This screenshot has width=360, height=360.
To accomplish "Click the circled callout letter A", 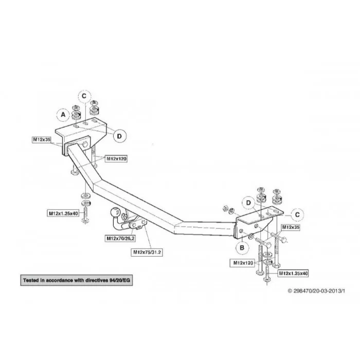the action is (63, 115).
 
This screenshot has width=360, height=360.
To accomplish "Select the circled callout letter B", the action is (242, 248).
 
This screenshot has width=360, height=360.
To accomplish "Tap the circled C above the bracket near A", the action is (84, 96).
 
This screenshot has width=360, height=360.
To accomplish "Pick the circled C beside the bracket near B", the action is (297, 214).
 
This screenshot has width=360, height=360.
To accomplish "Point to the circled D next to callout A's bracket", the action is (119, 136).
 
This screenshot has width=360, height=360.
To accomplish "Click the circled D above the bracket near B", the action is (248, 203).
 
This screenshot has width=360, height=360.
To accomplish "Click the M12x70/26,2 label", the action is (120, 239).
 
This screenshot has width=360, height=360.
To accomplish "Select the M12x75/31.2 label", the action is (147, 253).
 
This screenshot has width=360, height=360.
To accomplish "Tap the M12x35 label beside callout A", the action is (42, 139).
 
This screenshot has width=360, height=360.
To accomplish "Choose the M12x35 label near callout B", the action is (291, 227).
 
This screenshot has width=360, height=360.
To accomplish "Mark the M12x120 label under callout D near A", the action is (116, 158).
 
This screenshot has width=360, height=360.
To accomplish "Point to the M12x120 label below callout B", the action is (243, 263).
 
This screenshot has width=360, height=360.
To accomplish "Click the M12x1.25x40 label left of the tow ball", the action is (63, 213).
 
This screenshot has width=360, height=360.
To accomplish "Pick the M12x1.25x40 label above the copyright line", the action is (293, 274).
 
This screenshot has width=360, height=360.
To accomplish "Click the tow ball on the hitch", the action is (115, 212).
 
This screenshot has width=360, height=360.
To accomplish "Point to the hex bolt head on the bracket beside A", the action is (84, 145).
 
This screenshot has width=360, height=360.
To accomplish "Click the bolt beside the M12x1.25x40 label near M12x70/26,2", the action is (85, 214).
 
